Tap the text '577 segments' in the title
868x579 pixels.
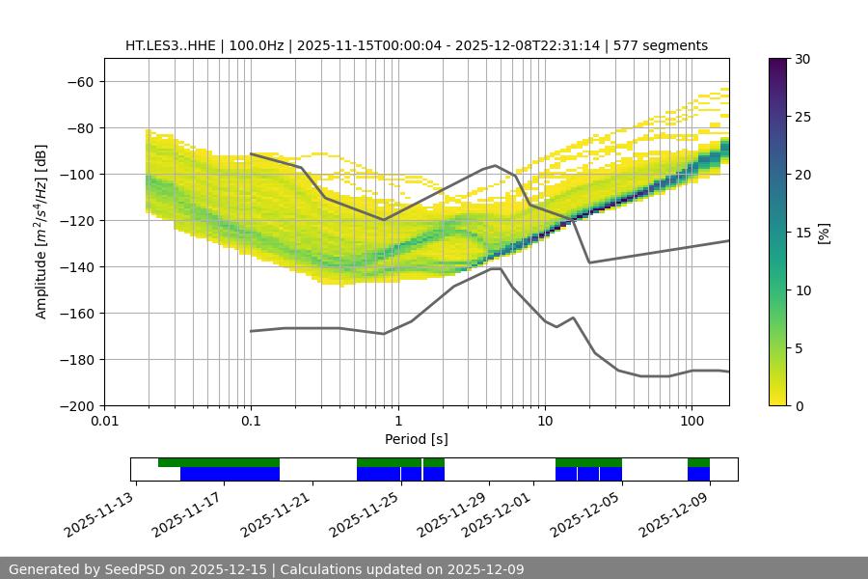click(665, 45)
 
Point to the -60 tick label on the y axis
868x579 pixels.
click(79, 82)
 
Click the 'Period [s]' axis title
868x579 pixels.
click(416, 439)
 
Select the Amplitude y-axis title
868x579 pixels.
click(41, 231)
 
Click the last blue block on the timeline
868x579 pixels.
click(698, 474)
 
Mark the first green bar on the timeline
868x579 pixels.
click(219, 462)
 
